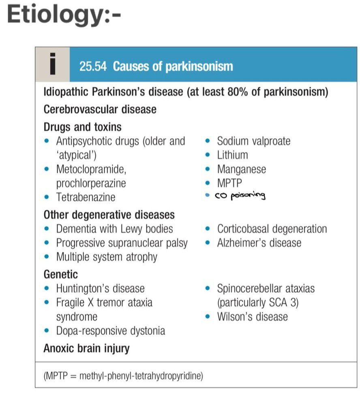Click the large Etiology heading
(64, 15)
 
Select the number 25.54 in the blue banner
(93, 66)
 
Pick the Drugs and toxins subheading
(82, 127)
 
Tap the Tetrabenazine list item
(86, 197)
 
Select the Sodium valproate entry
(253, 141)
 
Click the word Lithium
(232, 155)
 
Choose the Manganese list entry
(241, 169)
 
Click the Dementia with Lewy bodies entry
(114, 229)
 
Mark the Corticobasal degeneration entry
(272, 229)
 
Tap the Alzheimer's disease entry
(259, 243)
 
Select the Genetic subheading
(60, 275)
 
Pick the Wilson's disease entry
(252, 316)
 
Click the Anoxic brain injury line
(86, 348)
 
